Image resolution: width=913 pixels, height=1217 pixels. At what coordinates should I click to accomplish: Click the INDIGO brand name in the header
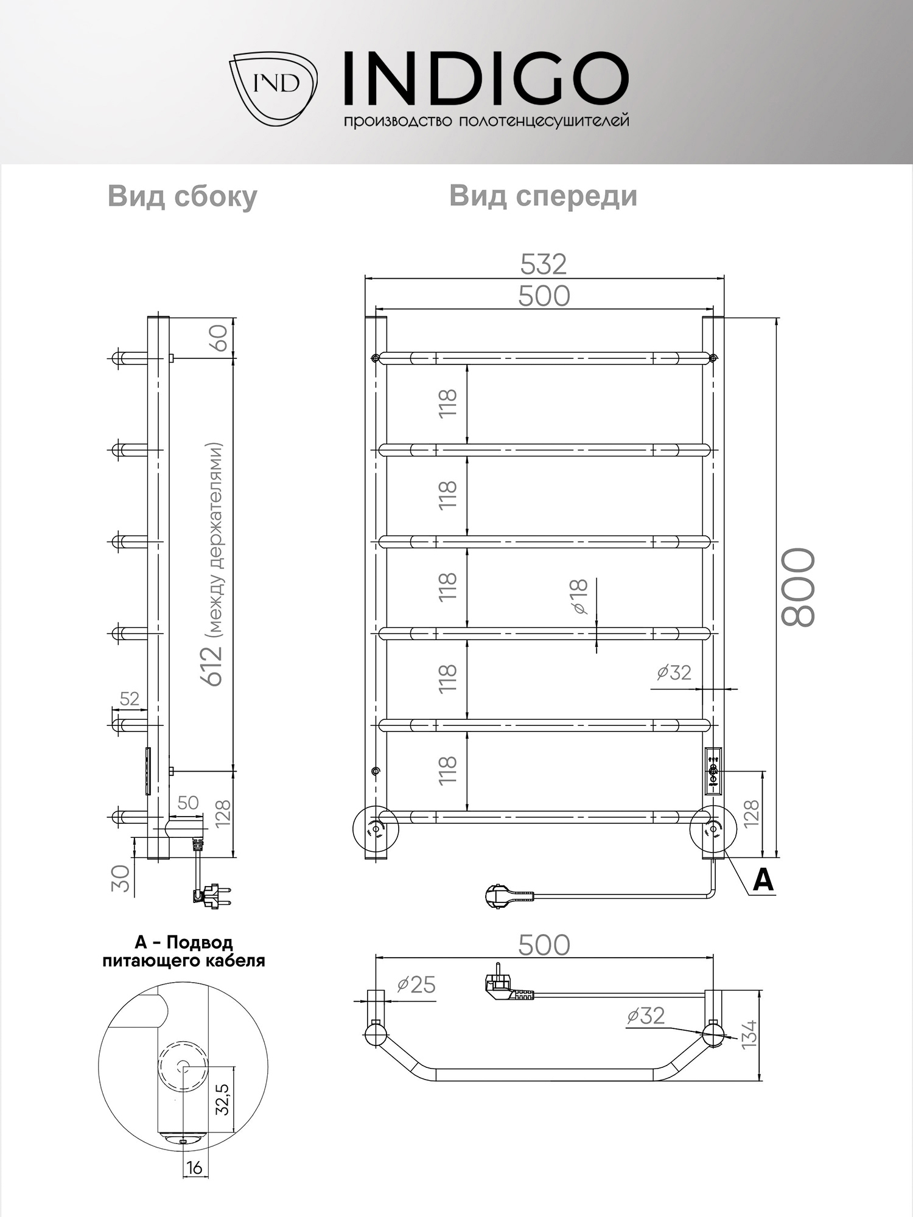point(485,78)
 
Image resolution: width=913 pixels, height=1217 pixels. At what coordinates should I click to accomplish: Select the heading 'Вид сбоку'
point(182,197)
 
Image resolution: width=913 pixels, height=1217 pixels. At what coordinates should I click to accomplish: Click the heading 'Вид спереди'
point(543,197)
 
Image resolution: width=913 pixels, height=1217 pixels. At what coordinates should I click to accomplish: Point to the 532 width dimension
point(544,264)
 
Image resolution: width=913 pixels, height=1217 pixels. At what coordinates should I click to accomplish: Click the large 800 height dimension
point(798,587)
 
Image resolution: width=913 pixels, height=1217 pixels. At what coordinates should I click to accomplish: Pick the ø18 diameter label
point(579,596)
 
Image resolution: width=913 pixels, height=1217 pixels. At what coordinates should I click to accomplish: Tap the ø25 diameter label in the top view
point(416,985)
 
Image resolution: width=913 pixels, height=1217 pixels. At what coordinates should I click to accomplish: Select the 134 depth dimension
point(750,1033)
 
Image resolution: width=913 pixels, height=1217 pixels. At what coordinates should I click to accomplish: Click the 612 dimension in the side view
point(213,666)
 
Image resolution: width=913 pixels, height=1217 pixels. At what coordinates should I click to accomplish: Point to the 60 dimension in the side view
point(219,338)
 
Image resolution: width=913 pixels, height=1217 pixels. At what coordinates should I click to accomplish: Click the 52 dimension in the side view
point(129,699)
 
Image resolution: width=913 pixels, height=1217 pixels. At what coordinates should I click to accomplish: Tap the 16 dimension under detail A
point(194,1168)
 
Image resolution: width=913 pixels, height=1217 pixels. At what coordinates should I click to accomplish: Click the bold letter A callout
point(763,880)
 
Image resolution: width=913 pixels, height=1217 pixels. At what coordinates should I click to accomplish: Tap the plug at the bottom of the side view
point(213,896)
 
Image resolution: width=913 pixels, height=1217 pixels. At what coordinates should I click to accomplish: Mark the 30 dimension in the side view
point(122,878)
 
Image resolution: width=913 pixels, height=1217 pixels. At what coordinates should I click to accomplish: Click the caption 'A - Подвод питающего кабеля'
point(183,952)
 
